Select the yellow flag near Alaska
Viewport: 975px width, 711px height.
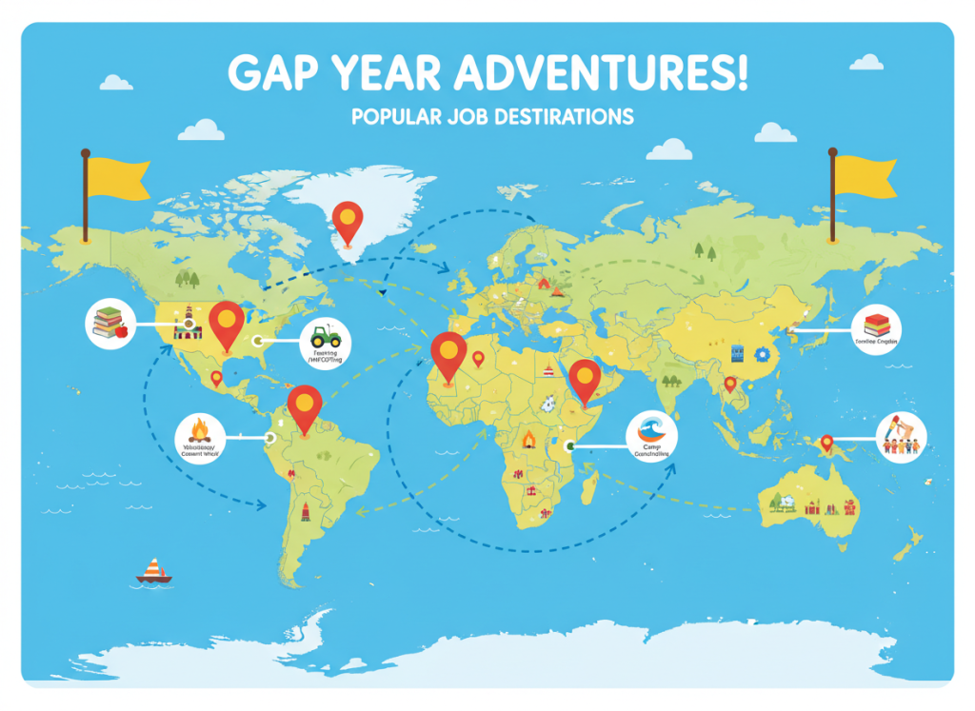pyautogui.click(x=115, y=180)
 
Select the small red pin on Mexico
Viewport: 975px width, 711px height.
pyautogui.click(x=216, y=378)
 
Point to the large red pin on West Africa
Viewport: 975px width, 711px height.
pyautogui.click(x=448, y=351)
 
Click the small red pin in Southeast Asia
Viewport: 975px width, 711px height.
pyautogui.click(x=730, y=384)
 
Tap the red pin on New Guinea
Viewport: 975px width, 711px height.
pyautogui.click(x=826, y=442)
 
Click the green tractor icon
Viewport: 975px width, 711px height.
pyautogui.click(x=326, y=336)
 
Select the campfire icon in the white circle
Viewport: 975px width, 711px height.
pyautogui.click(x=200, y=429)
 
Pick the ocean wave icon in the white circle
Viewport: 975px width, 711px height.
pyautogui.click(x=652, y=430)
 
